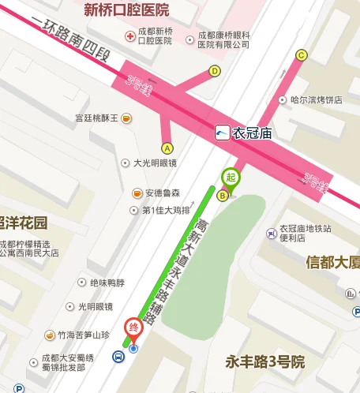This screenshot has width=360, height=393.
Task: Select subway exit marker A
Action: [x=167, y=148]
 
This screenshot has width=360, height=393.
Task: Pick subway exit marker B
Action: [x=223, y=195]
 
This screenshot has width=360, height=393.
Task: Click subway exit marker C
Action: [x=301, y=55]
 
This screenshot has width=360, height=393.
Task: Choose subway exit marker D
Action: [x=215, y=70]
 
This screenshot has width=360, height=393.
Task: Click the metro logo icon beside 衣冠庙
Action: [x=223, y=133]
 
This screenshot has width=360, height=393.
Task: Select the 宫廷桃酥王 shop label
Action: [x=96, y=118]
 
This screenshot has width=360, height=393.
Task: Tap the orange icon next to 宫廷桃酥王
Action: [x=126, y=118]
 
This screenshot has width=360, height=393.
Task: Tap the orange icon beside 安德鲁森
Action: [x=137, y=193]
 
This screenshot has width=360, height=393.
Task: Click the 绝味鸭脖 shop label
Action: [x=107, y=282]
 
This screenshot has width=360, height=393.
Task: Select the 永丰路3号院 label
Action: [x=264, y=362]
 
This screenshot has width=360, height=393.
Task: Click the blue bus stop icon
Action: [x=118, y=357]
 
